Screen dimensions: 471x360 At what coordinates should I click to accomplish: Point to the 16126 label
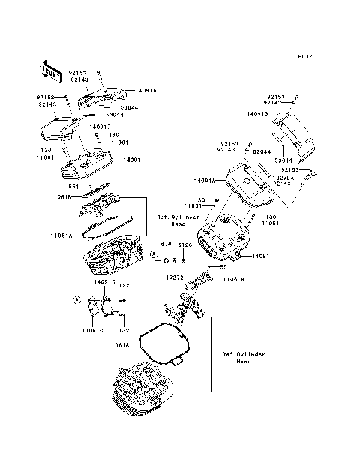[x=183, y=244]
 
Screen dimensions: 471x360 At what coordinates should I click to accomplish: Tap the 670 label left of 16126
[x=166, y=244]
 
